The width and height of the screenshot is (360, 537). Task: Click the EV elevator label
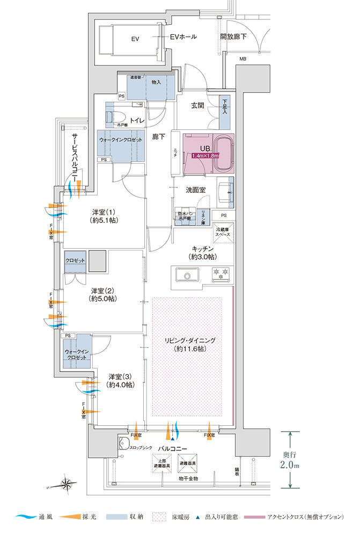click(x=135, y=39)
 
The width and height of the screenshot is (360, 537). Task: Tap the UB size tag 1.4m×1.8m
click(x=203, y=156)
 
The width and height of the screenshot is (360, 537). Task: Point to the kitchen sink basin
click(x=187, y=277)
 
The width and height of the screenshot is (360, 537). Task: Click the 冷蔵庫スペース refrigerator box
click(x=223, y=234)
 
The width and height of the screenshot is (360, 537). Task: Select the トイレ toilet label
click(x=137, y=121)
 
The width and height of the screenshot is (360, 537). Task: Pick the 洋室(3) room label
click(x=120, y=380)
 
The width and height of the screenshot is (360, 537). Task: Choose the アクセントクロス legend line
click(x=253, y=517)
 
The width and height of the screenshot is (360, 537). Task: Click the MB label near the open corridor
click(x=243, y=59)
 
